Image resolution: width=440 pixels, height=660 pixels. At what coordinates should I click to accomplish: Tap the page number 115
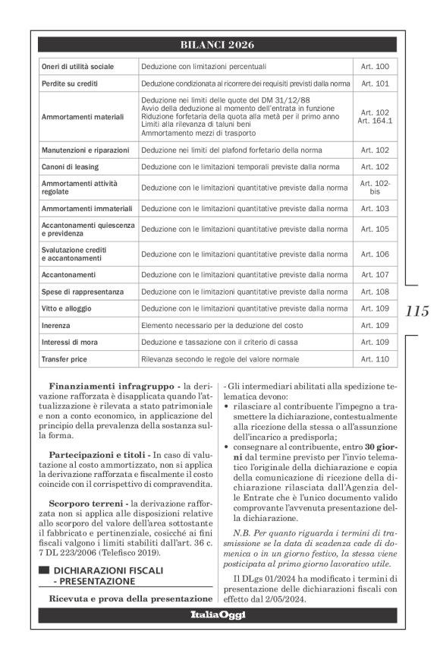click(416, 310)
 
